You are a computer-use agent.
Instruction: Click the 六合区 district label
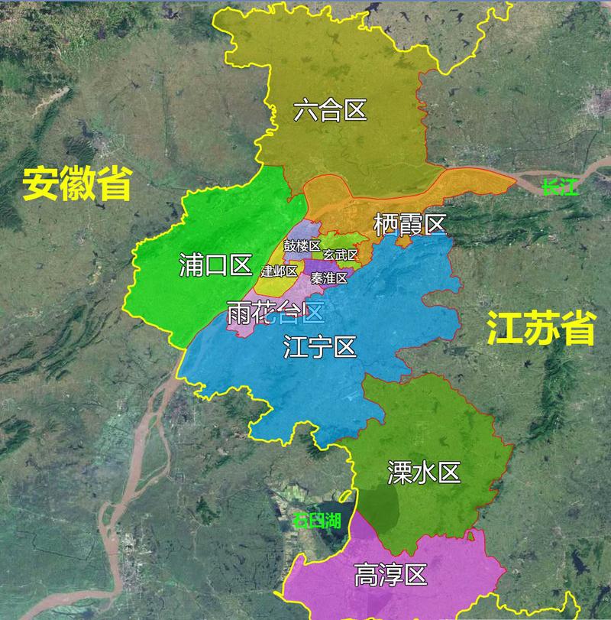tap(330, 112)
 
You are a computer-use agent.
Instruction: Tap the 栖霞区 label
tap(409, 225)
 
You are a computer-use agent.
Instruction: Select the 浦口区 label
tap(215, 265)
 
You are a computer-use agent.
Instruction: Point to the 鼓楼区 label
tap(302, 245)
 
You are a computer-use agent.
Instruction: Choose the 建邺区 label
tap(279, 271)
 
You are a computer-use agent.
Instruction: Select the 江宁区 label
tap(319, 347)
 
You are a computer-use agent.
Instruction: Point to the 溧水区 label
tap(424, 472)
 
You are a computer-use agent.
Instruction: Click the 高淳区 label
tap(390, 575)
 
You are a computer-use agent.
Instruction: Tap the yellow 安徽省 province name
tap(76, 183)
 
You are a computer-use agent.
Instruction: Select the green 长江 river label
tap(560, 186)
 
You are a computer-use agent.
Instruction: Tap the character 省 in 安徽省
tap(114, 183)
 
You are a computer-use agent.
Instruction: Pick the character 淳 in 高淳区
tap(390, 575)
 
